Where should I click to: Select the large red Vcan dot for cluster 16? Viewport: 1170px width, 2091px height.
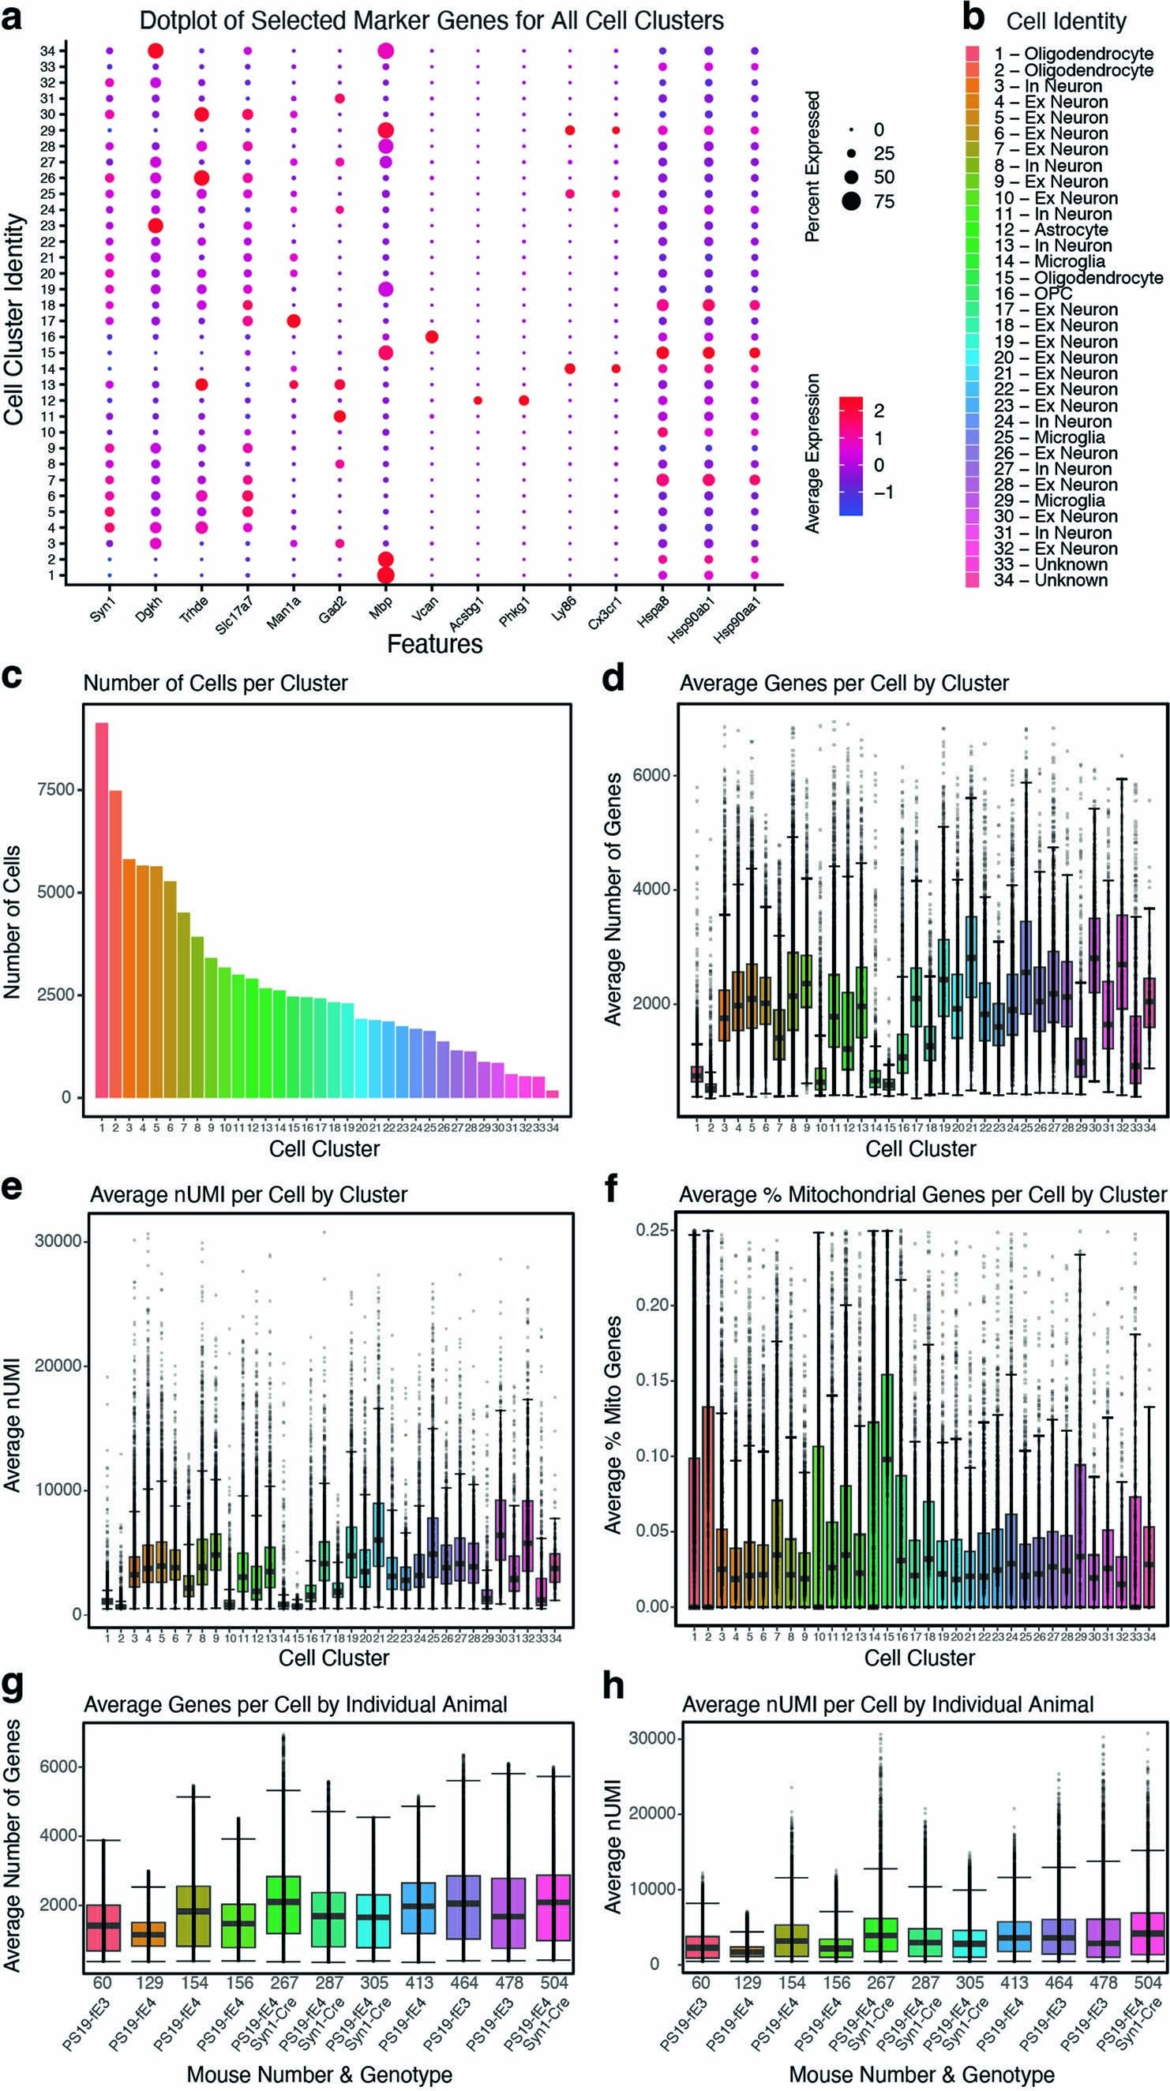tap(432, 337)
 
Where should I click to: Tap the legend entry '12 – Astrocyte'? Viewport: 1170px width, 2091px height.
tap(1052, 230)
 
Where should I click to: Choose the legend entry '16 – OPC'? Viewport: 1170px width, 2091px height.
tap(1033, 294)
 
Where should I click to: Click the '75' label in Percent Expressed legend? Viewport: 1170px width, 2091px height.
tap(884, 201)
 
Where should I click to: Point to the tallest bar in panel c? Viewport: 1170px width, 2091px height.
tap(102, 909)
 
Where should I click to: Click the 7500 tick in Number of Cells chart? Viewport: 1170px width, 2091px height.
tap(56, 790)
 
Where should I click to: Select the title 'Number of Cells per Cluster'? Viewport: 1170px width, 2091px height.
tap(216, 684)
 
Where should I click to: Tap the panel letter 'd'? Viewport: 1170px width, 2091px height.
tap(613, 677)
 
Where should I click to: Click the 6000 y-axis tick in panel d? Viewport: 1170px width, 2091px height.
tap(652, 775)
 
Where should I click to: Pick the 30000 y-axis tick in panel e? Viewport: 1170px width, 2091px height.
tap(58, 1241)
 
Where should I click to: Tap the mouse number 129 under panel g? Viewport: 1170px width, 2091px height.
tap(148, 1983)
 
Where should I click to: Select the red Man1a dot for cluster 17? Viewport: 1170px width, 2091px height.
tap(294, 321)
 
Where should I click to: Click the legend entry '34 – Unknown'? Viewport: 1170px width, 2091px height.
tap(1050, 580)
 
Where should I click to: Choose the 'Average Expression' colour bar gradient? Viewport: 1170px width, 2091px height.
tap(850, 455)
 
